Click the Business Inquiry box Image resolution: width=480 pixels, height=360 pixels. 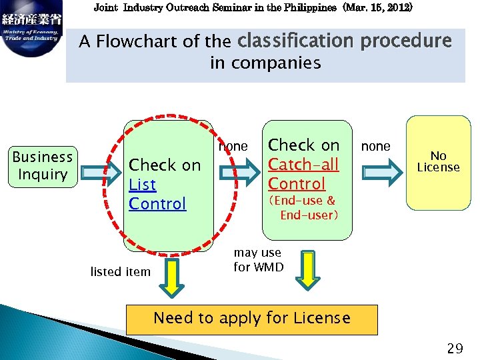(43, 166)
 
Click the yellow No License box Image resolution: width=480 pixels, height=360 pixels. (438, 162)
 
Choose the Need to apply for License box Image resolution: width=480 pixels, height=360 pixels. (251, 319)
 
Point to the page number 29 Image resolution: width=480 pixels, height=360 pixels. (455, 348)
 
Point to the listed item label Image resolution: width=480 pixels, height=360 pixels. (120, 271)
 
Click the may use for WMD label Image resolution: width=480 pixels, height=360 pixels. (258, 260)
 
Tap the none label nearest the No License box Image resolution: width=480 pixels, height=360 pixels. (375, 146)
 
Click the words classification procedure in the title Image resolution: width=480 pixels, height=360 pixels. (344, 41)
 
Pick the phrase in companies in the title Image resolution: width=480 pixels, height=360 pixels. (265, 63)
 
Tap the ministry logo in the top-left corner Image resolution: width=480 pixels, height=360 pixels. (31, 29)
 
